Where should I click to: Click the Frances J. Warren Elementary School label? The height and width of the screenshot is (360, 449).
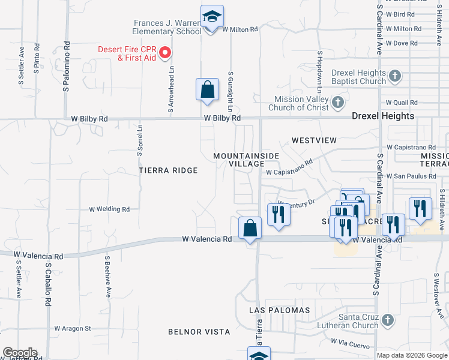pos(167,27)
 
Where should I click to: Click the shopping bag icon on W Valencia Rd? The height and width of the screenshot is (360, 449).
pos(250,229)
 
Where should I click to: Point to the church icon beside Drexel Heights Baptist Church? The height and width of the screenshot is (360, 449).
pos(394,76)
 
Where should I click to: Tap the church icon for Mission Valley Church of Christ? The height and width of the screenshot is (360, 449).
pos(339,103)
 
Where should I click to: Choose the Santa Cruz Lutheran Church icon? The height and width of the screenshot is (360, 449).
pos(388,320)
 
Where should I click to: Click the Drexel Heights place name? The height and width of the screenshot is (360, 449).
pos(382,116)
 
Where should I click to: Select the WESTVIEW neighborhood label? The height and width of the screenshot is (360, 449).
pos(315,140)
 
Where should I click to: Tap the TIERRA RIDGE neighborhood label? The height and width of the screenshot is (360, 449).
pos(168,170)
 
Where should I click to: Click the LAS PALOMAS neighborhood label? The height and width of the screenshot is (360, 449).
pos(280,310)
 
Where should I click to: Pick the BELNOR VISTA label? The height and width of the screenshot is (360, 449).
pos(199,331)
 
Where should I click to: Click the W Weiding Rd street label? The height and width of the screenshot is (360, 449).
pos(109,209)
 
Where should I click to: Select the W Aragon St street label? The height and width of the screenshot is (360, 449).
pos(72,328)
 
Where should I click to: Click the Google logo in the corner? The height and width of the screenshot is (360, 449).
pos(20,353)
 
